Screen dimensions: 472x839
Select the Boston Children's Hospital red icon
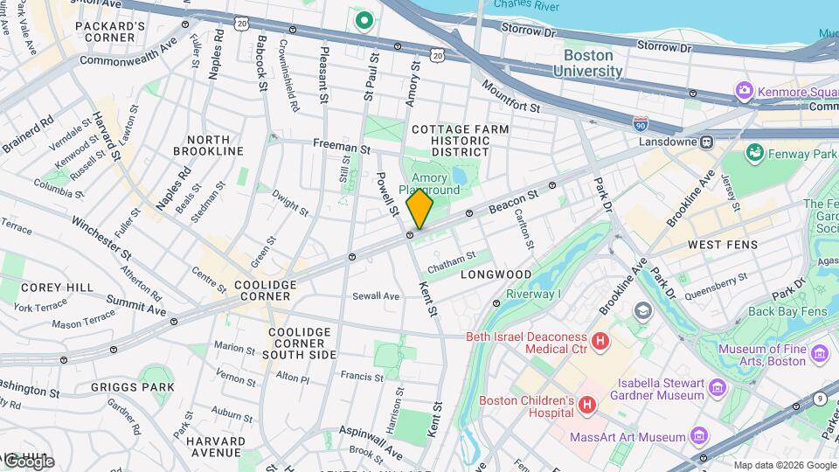587,406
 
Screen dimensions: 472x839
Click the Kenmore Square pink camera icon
744,91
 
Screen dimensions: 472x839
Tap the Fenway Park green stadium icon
753,153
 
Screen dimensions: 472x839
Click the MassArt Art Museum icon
698,435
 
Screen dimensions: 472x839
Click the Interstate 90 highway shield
641,124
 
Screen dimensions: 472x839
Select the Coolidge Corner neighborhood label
266,290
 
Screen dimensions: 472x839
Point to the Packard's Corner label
110,32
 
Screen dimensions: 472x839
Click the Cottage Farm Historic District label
460,141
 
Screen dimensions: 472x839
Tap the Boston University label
587,63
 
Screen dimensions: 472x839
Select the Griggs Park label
133,386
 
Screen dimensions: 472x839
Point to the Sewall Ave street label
376,296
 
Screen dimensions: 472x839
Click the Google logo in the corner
29,461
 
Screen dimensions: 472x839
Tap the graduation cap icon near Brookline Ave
643,311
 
